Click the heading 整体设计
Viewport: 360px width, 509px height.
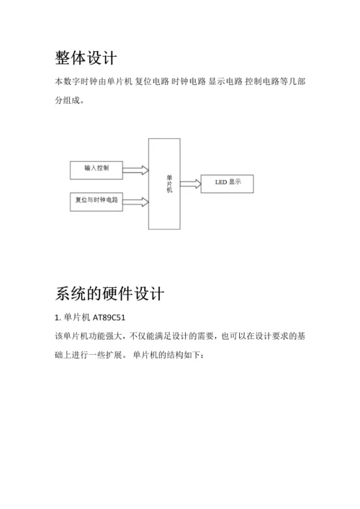click(86, 58)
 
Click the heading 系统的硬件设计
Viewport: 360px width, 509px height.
click(109, 294)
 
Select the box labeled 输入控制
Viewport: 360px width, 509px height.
click(96, 170)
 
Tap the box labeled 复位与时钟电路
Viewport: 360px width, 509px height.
click(96, 202)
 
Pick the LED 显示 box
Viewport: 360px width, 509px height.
click(228, 184)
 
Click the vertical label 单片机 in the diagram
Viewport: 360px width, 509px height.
click(169, 184)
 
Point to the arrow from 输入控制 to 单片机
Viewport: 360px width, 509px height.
click(135, 170)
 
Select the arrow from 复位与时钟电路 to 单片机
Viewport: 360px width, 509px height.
click(135, 202)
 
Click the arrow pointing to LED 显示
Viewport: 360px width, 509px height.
click(191, 184)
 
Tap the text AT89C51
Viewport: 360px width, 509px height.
click(109, 317)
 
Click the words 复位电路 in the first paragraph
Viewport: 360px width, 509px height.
click(152, 81)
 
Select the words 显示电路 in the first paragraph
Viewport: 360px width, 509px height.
click(225, 81)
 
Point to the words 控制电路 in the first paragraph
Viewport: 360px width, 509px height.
click(262, 81)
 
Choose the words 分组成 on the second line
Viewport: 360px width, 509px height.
click(68, 100)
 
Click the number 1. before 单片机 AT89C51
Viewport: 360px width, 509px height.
click(58, 317)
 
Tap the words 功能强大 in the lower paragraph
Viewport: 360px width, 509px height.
click(106, 335)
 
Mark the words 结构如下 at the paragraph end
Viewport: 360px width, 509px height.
click(184, 354)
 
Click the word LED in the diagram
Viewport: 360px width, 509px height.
click(221, 182)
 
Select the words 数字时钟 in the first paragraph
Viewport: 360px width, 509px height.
click(80, 81)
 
